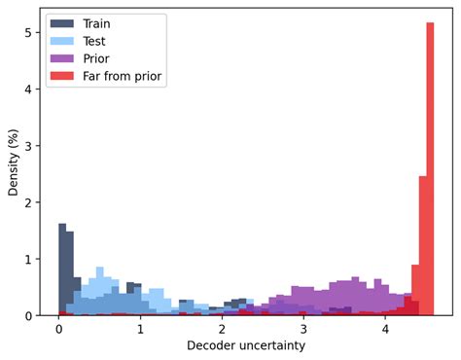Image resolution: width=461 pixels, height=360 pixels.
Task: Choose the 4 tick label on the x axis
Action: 385,330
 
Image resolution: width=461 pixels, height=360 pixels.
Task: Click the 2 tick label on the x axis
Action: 223,330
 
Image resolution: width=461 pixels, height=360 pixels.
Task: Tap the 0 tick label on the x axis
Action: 59,330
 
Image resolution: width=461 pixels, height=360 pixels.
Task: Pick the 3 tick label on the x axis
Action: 304,330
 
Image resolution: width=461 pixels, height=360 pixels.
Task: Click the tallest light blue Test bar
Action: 99,292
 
